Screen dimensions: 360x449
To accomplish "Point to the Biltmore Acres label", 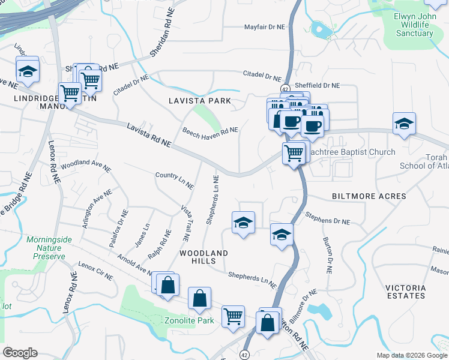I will pos(369,196).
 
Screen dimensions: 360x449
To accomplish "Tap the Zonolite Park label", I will pos(189,320).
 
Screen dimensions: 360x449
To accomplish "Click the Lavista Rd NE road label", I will pos(149,135).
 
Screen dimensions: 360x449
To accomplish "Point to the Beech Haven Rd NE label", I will pos(210,130).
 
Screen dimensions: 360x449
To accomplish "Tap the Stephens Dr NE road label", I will pos(327,218).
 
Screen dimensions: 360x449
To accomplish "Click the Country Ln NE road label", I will pos(174,180).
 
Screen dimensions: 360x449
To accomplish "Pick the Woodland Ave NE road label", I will pos(86,166).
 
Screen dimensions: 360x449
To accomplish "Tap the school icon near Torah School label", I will pos(404,123).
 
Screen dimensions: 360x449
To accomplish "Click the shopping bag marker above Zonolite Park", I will pos(199,298).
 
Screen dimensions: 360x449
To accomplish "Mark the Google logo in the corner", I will pos(20,353).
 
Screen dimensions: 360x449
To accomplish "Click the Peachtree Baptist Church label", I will pos(351,152).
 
